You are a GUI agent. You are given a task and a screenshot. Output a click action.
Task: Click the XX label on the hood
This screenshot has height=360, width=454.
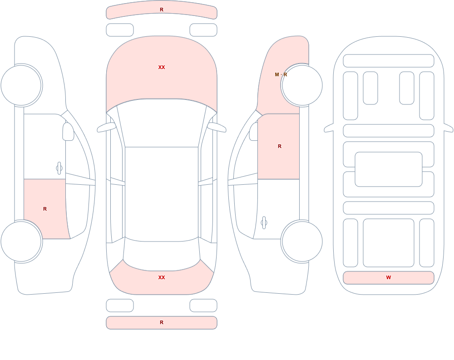pyautogui.click(x=162, y=67)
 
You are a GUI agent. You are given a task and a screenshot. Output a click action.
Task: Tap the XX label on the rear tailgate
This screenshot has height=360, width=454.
pyautogui.click(x=162, y=277)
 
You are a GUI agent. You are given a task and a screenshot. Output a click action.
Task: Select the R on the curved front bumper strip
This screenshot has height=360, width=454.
pyautogui.click(x=162, y=10)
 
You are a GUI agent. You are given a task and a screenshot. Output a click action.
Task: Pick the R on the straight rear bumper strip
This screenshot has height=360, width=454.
pyautogui.click(x=162, y=322)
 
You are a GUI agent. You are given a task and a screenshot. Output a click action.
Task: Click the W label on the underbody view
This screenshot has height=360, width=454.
pyautogui.click(x=389, y=277)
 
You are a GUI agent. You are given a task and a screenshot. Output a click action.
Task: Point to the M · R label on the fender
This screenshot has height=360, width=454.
pyautogui.click(x=281, y=74)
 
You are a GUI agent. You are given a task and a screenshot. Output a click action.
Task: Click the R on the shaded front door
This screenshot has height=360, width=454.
pyautogui.click(x=279, y=146)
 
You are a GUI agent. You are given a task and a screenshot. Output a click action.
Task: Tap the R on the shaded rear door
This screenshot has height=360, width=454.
pyautogui.click(x=45, y=209)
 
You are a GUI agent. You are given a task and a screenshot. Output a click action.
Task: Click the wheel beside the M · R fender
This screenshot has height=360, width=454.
pyautogui.click(x=302, y=85)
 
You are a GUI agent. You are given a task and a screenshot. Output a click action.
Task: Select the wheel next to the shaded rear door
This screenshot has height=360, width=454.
pyautogui.click(x=21, y=242)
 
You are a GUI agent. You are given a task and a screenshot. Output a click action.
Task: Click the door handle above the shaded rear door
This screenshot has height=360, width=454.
pyautogui.click(x=59, y=168)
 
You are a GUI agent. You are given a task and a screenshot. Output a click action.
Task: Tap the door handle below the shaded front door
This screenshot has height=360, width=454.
pyautogui.click(x=264, y=223)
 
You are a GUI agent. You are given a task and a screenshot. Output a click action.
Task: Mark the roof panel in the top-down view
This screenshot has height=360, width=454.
pyautogui.click(x=162, y=193)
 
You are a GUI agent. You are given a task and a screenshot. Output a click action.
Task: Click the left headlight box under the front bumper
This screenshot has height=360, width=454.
pyautogui.click(x=120, y=30)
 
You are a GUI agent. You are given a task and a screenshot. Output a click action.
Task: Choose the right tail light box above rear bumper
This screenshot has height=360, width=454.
pyautogui.click(x=203, y=306)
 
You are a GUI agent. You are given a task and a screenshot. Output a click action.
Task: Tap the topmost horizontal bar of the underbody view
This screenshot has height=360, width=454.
pyautogui.click(x=389, y=61)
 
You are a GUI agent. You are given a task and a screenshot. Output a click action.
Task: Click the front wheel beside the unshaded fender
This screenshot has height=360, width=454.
pyautogui.click(x=21, y=85)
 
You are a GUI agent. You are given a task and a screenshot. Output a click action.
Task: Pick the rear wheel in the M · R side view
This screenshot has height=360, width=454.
pyautogui.click(x=302, y=242)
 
